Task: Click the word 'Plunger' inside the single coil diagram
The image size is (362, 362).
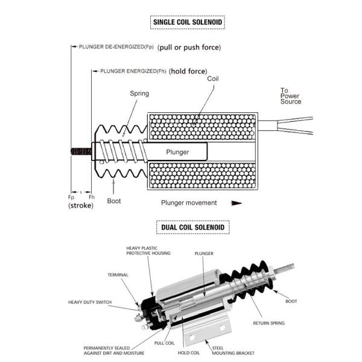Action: [x=177, y=152]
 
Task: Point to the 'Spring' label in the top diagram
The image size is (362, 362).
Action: [x=139, y=94]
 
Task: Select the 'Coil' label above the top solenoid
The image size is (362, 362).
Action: [x=213, y=79]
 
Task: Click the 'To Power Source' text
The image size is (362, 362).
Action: [x=290, y=96]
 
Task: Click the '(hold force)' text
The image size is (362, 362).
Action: [x=188, y=71]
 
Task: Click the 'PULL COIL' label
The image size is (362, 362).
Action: [x=164, y=342]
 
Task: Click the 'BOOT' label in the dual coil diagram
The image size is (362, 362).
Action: [x=291, y=300]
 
